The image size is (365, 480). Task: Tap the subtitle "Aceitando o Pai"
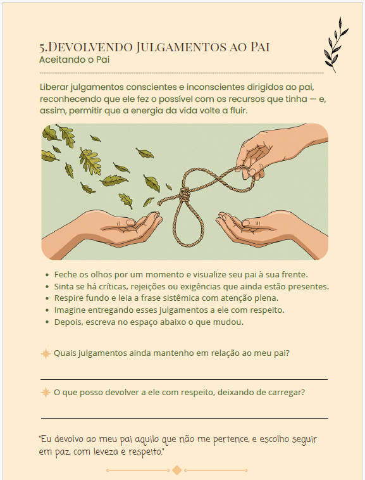[74, 60]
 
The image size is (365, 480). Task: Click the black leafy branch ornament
[336, 45]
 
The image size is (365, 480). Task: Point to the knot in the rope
[184, 194]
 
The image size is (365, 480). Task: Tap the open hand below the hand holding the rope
[269, 230]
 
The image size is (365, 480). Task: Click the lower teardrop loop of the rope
[189, 224]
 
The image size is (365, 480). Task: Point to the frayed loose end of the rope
[160, 203]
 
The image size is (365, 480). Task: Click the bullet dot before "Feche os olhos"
[47, 275]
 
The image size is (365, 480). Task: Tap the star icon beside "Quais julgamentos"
[46, 353]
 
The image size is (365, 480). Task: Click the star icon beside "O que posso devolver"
[46, 393]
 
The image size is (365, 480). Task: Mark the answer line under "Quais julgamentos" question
[184, 379]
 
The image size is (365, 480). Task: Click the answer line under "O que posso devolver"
[185, 418]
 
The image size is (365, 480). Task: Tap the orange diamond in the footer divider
[177, 470]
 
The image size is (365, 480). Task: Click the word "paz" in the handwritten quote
[63, 452]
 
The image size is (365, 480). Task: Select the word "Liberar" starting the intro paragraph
[54, 87]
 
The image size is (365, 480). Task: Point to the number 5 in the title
[42, 48]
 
